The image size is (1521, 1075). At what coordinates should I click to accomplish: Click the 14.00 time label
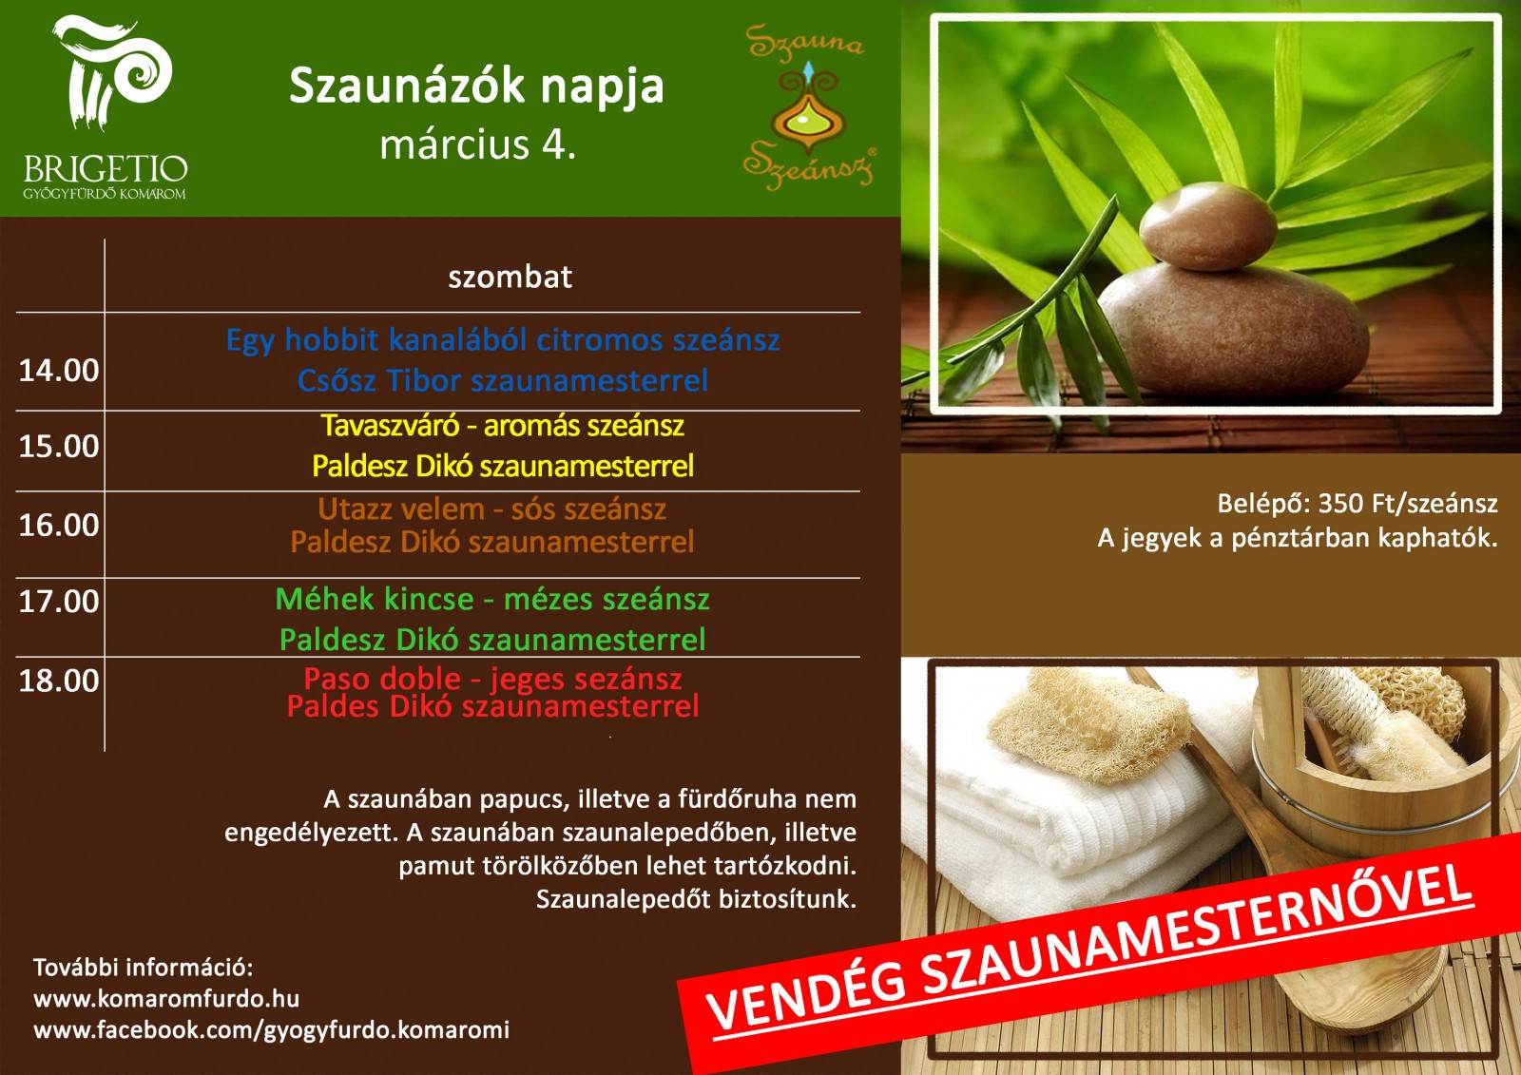pyautogui.click(x=58, y=371)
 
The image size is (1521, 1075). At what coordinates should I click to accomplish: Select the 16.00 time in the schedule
pyautogui.click(x=58, y=525)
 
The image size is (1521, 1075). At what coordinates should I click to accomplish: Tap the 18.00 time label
pyautogui.click(x=58, y=681)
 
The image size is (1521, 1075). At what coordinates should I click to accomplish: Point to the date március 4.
pyautogui.click(x=477, y=144)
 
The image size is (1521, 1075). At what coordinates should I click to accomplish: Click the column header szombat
pyautogui.click(x=510, y=278)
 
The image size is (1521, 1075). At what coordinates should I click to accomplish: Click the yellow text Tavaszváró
pyautogui.click(x=390, y=426)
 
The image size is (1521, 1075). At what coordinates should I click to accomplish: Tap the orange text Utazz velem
pyautogui.click(x=401, y=509)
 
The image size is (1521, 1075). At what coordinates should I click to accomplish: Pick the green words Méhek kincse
pyautogui.click(x=375, y=599)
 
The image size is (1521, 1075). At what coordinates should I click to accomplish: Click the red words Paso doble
pyautogui.click(x=382, y=679)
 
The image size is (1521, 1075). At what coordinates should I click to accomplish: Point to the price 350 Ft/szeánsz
pyautogui.click(x=1408, y=503)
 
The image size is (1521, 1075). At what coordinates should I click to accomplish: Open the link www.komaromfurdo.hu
pyautogui.click(x=166, y=999)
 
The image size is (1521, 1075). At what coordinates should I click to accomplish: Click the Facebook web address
pyautogui.click(x=272, y=1030)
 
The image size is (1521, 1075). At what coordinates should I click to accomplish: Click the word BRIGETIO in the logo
pyautogui.click(x=106, y=169)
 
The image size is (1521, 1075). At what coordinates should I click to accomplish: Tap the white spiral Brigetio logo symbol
pyautogui.click(x=112, y=71)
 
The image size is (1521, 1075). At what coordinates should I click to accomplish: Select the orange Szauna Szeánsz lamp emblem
pyautogui.click(x=808, y=107)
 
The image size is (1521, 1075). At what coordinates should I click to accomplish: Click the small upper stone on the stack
pyautogui.click(x=1207, y=225)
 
